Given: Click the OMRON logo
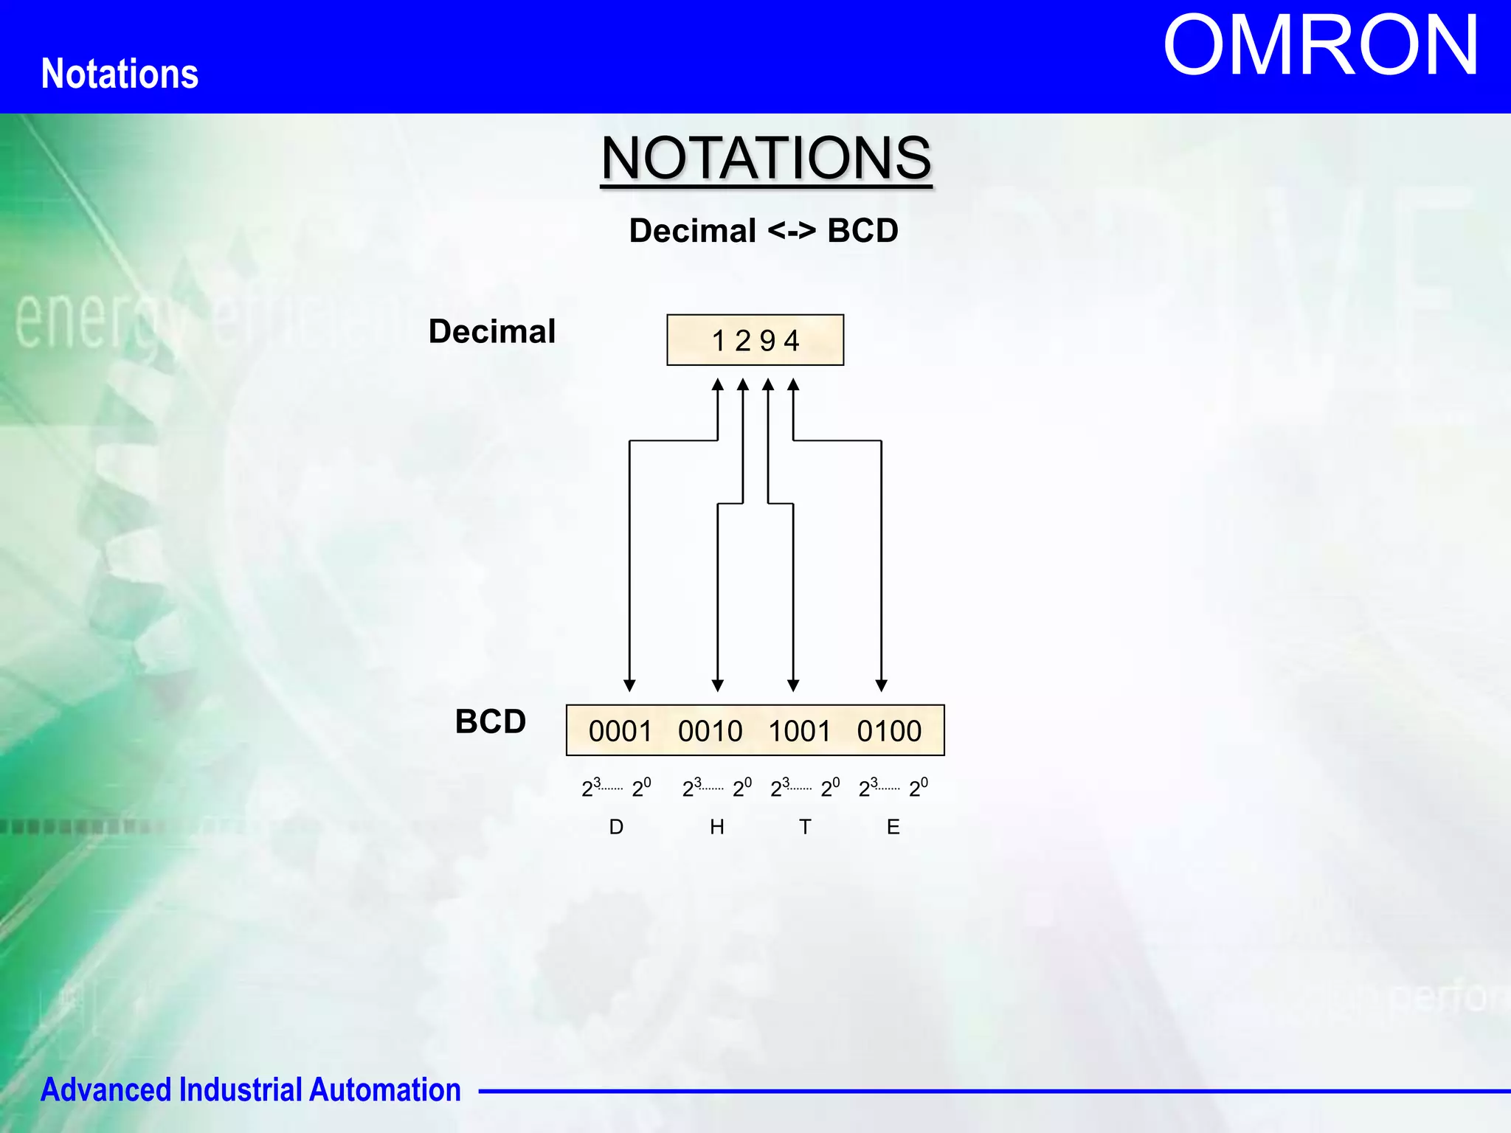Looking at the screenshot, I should (x=1320, y=46).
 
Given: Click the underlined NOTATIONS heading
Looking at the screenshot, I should (x=766, y=158).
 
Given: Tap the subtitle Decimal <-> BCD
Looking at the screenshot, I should (x=764, y=231).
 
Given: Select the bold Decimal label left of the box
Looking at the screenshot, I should (x=492, y=331).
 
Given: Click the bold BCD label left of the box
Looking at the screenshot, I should (x=490, y=721).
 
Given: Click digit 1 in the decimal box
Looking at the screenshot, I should (x=719, y=341).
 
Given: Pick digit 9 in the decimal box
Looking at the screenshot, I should (x=767, y=341).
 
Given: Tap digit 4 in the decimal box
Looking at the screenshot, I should (x=792, y=341).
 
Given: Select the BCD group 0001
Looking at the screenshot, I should (x=620, y=731).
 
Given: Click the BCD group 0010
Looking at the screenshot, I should (x=710, y=731).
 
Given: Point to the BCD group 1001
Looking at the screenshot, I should (x=799, y=731).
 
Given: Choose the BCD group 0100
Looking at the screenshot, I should (x=889, y=731).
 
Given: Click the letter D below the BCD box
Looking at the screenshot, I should (x=616, y=827).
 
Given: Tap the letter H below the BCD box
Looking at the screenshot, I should (x=717, y=827).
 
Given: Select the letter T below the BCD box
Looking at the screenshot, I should (x=805, y=827).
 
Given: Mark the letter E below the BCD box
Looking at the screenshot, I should (x=893, y=827).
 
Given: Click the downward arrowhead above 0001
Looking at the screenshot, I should (x=629, y=685).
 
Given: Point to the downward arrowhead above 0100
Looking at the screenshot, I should (x=881, y=685).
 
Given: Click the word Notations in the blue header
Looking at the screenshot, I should (x=120, y=74).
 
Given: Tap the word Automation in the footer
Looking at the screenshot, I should (x=384, y=1089).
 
